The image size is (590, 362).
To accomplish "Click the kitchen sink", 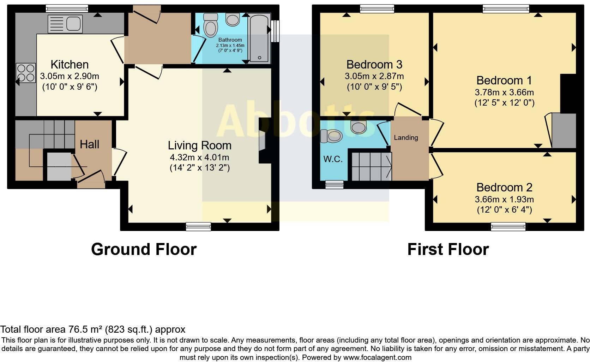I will tap(65, 24).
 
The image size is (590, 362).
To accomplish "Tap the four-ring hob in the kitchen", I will tap(26, 73).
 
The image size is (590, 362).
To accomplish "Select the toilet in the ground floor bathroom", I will tap(211, 25).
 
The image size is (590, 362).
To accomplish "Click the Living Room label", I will tap(199, 146).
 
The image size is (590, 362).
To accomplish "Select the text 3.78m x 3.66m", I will tap(504, 93).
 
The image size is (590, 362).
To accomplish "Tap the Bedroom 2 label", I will tap(504, 188).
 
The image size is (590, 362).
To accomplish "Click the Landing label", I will tap(406, 138).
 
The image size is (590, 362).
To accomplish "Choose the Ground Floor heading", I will tap(144, 249).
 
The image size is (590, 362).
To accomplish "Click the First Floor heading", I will tap(448, 249).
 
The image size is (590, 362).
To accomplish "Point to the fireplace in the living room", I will tap(263, 141).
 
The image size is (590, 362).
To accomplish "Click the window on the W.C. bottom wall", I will tap(334, 185).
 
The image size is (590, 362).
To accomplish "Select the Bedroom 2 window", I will tap(508, 226).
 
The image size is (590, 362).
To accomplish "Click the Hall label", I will tap(89, 144).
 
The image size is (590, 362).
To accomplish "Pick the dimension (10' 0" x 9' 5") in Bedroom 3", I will tap(374, 87).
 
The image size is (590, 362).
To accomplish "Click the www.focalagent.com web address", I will tap(377, 357).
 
